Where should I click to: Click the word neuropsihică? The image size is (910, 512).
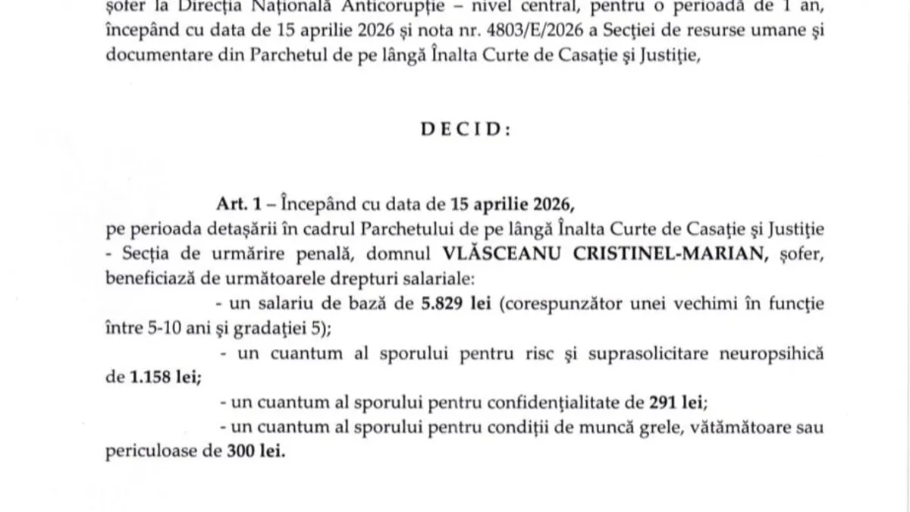point(779,354)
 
